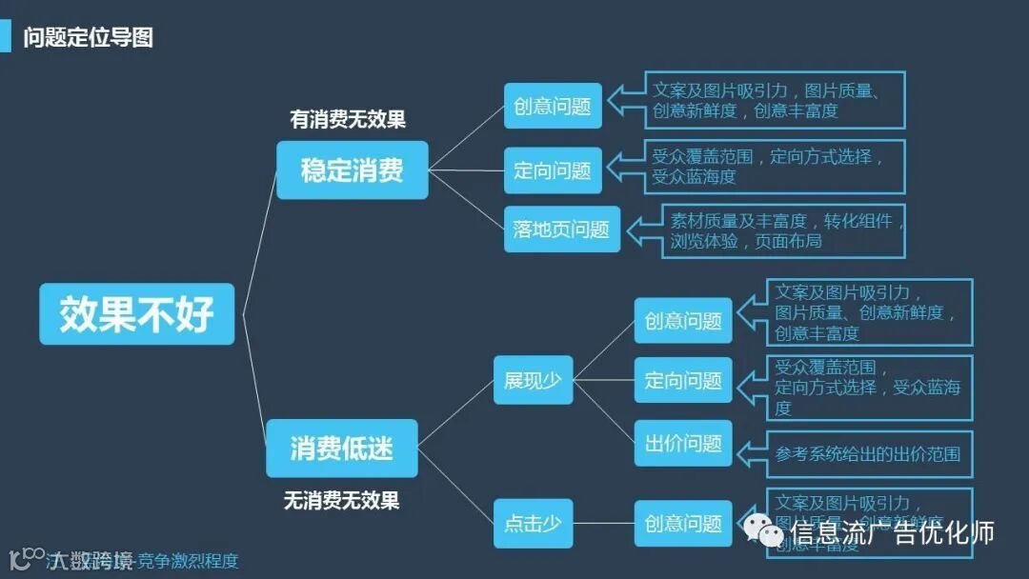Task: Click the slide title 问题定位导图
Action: (88, 38)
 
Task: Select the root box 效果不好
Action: (136, 314)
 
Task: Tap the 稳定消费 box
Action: (352, 170)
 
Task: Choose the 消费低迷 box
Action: (341, 449)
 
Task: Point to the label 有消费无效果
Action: (348, 120)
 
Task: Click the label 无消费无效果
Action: (341, 500)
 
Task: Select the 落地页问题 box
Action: (561, 230)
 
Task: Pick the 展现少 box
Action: (533, 381)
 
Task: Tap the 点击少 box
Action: (533, 524)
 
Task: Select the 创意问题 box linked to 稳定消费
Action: (553, 106)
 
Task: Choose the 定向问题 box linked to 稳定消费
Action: (553, 170)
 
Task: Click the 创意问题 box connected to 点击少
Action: (683, 524)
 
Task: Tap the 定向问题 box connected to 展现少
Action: (683, 381)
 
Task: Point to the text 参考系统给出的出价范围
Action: (867, 454)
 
